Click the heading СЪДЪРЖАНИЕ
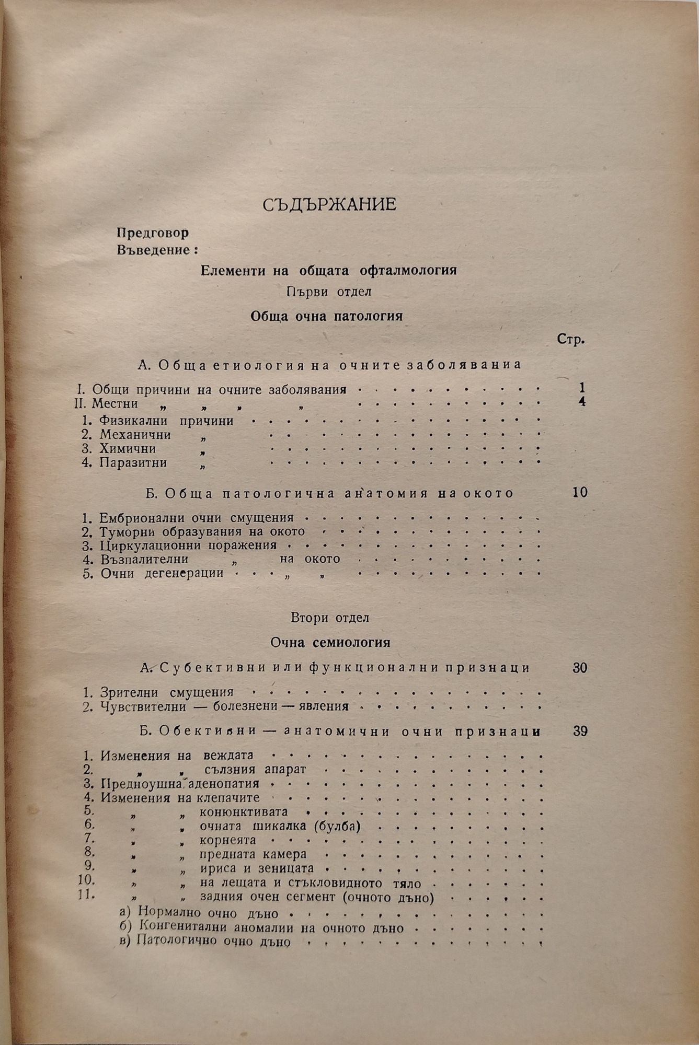329,204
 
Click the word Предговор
153,233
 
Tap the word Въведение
153,249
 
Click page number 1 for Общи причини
581,388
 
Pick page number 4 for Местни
582,402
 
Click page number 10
580,492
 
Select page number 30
580,667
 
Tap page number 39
580,731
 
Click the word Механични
135,434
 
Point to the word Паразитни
133,462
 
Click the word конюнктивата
244,812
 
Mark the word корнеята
228,840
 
